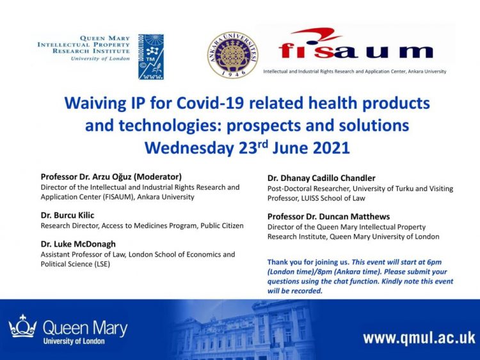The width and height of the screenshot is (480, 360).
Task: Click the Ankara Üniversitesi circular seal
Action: click(233, 54)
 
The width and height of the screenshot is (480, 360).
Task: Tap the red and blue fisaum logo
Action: click(356, 44)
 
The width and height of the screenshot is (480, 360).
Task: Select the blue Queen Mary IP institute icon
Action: click(150, 57)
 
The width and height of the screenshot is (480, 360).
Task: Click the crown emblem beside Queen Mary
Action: click(22, 326)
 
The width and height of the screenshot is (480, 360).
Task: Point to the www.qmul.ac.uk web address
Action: click(419, 339)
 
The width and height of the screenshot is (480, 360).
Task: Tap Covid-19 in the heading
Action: click(210, 103)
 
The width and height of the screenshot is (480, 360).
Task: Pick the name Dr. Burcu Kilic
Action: click(67, 215)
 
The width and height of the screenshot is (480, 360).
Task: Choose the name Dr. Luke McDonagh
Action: click(78, 244)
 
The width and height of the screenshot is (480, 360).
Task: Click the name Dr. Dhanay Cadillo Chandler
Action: click(321, 178)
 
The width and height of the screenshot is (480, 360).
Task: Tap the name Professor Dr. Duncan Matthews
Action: click(328, 217)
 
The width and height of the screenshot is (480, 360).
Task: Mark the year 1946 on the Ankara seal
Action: click(234, 73)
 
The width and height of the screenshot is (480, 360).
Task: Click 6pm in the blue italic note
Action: click(435, 262)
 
